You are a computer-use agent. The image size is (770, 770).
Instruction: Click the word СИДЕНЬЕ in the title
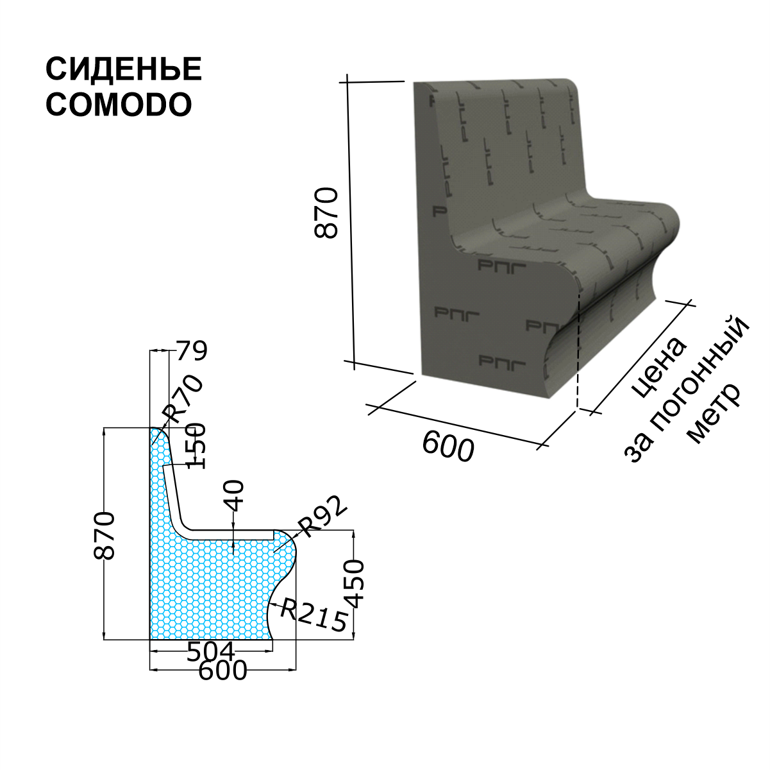tap(124, 69)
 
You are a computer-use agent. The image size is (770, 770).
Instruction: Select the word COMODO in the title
tap(119, 105)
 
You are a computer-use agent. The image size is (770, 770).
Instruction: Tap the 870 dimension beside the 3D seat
tap(326, 213)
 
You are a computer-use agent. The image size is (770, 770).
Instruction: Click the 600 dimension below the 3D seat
tap(448, 448)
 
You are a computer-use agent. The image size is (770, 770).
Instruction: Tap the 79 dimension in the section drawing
tap(192, 351)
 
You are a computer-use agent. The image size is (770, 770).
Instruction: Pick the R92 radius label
tap(324, 517)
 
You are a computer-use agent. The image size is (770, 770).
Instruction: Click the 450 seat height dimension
tap(354, 584)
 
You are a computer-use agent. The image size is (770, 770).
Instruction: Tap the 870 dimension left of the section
tap(104, 535)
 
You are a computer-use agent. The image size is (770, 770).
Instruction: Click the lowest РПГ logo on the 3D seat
tap(502, 363)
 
